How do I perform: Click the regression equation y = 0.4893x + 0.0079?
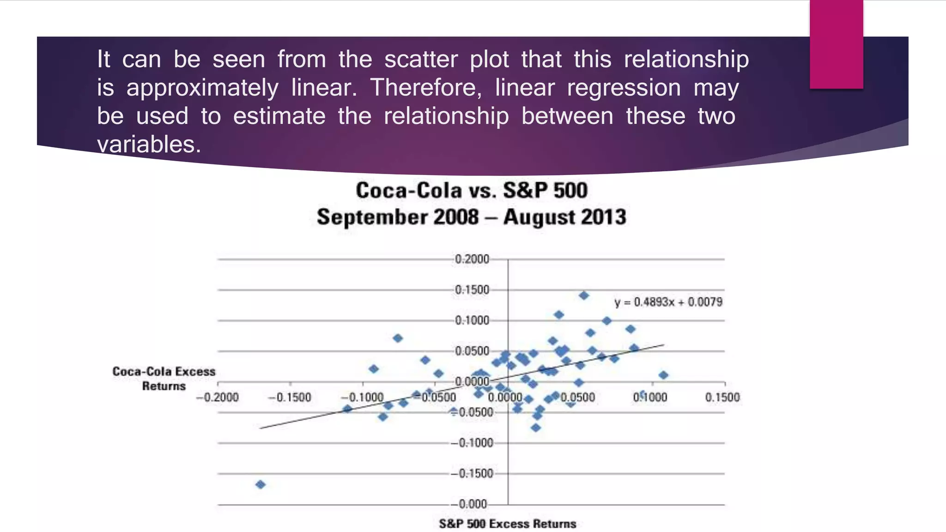tap(668, 302)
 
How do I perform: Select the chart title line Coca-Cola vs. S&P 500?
tap(472, 191)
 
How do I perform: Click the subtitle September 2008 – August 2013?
tap(472, 217)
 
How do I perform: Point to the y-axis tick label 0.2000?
tap(472, 259)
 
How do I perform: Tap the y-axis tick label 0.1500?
tap(472, 290)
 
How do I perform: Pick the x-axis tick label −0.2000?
tap(217, 398)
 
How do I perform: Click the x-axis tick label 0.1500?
tap(722, 398)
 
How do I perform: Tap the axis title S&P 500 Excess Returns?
tap(507, 524)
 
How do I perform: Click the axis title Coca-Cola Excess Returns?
tap(164, 379)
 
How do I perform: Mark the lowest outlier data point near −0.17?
tap(261, 484)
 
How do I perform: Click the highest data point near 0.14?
tap(584, 295)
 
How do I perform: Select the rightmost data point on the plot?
tap(663, 375)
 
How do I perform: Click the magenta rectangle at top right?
tap(836, 44)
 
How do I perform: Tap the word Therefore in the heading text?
tap(425, 88)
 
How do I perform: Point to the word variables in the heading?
tap(149, 144)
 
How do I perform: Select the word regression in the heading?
tap(624, 88)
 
